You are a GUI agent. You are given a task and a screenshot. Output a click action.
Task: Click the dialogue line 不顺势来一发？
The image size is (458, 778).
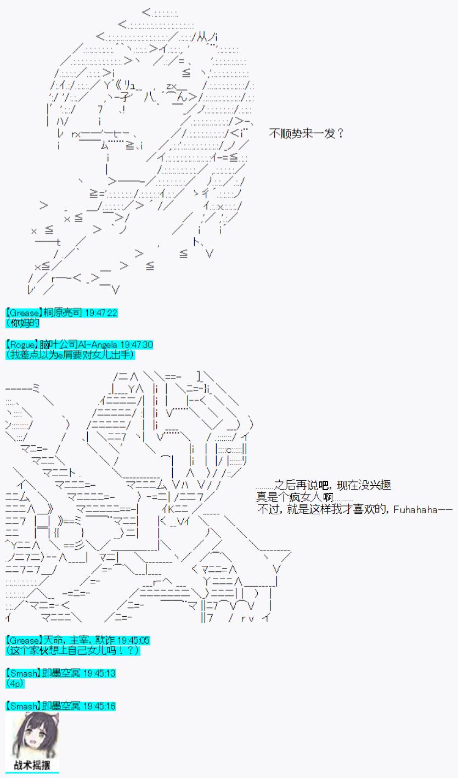[307, 133]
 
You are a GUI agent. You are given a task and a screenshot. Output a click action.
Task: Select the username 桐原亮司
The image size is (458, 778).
[63, 313]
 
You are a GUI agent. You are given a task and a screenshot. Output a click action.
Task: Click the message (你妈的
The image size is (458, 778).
[22, 323]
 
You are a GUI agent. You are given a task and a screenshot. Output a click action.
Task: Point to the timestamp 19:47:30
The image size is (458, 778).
[136, 345]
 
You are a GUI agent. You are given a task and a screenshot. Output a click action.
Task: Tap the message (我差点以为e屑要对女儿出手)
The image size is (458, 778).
[70, 355]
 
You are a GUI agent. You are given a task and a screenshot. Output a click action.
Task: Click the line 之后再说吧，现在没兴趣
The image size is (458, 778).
[332, 485]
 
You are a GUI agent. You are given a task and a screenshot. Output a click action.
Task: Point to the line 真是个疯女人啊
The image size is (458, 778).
[295, 497]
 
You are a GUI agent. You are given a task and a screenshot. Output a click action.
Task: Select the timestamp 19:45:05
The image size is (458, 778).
[133, 640]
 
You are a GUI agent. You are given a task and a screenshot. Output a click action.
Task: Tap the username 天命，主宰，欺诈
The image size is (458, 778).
[79, 640]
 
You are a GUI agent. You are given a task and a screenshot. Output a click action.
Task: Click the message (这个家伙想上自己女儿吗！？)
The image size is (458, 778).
[72, 650]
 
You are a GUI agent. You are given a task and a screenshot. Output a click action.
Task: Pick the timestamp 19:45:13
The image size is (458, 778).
[99, 673]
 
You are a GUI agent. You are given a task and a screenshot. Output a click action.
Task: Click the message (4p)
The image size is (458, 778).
[15, 683]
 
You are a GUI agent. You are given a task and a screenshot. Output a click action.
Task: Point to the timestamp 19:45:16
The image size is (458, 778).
[99, 706]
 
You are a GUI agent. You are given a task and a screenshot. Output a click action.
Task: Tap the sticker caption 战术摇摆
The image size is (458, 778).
[32, 765]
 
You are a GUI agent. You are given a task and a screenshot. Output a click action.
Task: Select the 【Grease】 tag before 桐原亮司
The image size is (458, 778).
[24, 313]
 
